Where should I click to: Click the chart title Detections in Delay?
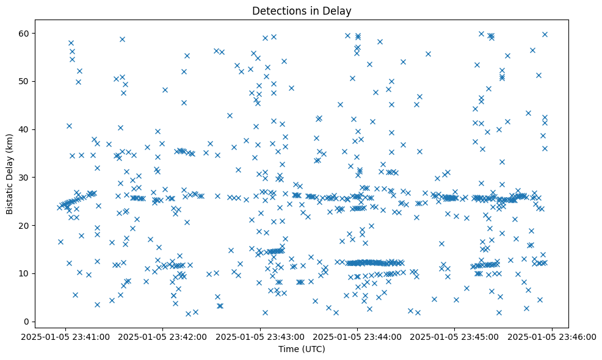tap(302, 11)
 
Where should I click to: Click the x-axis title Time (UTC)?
tap(302, 349)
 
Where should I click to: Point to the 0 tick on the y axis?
tap(27, 322)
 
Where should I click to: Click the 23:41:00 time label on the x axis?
tap(67, 336)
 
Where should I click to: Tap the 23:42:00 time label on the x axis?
tap(164, 336)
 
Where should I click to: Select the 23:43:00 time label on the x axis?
tap(261, 336)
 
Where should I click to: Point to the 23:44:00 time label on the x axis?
tap(358, 336)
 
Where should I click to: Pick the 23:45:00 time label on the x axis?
tap(455, 336)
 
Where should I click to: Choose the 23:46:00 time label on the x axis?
tap(552, 336)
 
